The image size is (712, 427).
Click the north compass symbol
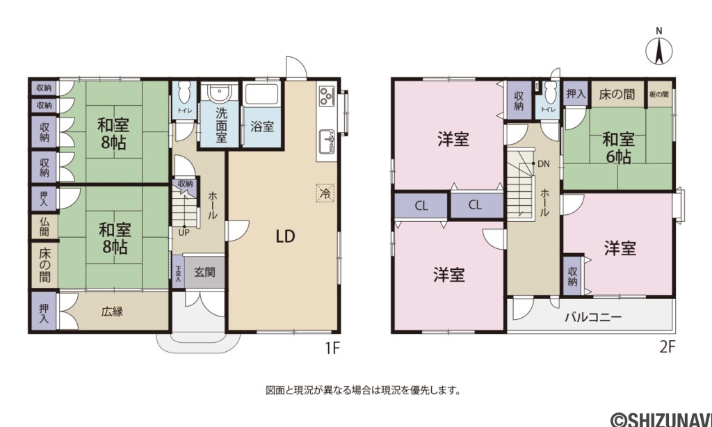[658, 50]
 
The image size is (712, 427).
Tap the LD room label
[285, 236]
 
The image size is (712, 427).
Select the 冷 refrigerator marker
[324, 193]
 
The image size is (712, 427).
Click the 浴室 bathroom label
[262, 127]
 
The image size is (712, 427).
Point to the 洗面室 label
[220, 124]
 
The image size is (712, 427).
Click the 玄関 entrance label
[204, 272]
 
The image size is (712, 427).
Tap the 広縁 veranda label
[113, 312]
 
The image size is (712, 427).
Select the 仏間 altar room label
[44, 226]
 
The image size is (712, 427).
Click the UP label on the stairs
[184, 232]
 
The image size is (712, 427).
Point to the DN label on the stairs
[545, 165]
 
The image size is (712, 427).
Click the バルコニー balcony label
[593, 317]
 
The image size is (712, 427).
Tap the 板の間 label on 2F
[659, 94]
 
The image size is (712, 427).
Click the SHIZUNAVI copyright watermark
[660, 419]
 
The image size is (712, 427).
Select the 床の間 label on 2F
[617, 94]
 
